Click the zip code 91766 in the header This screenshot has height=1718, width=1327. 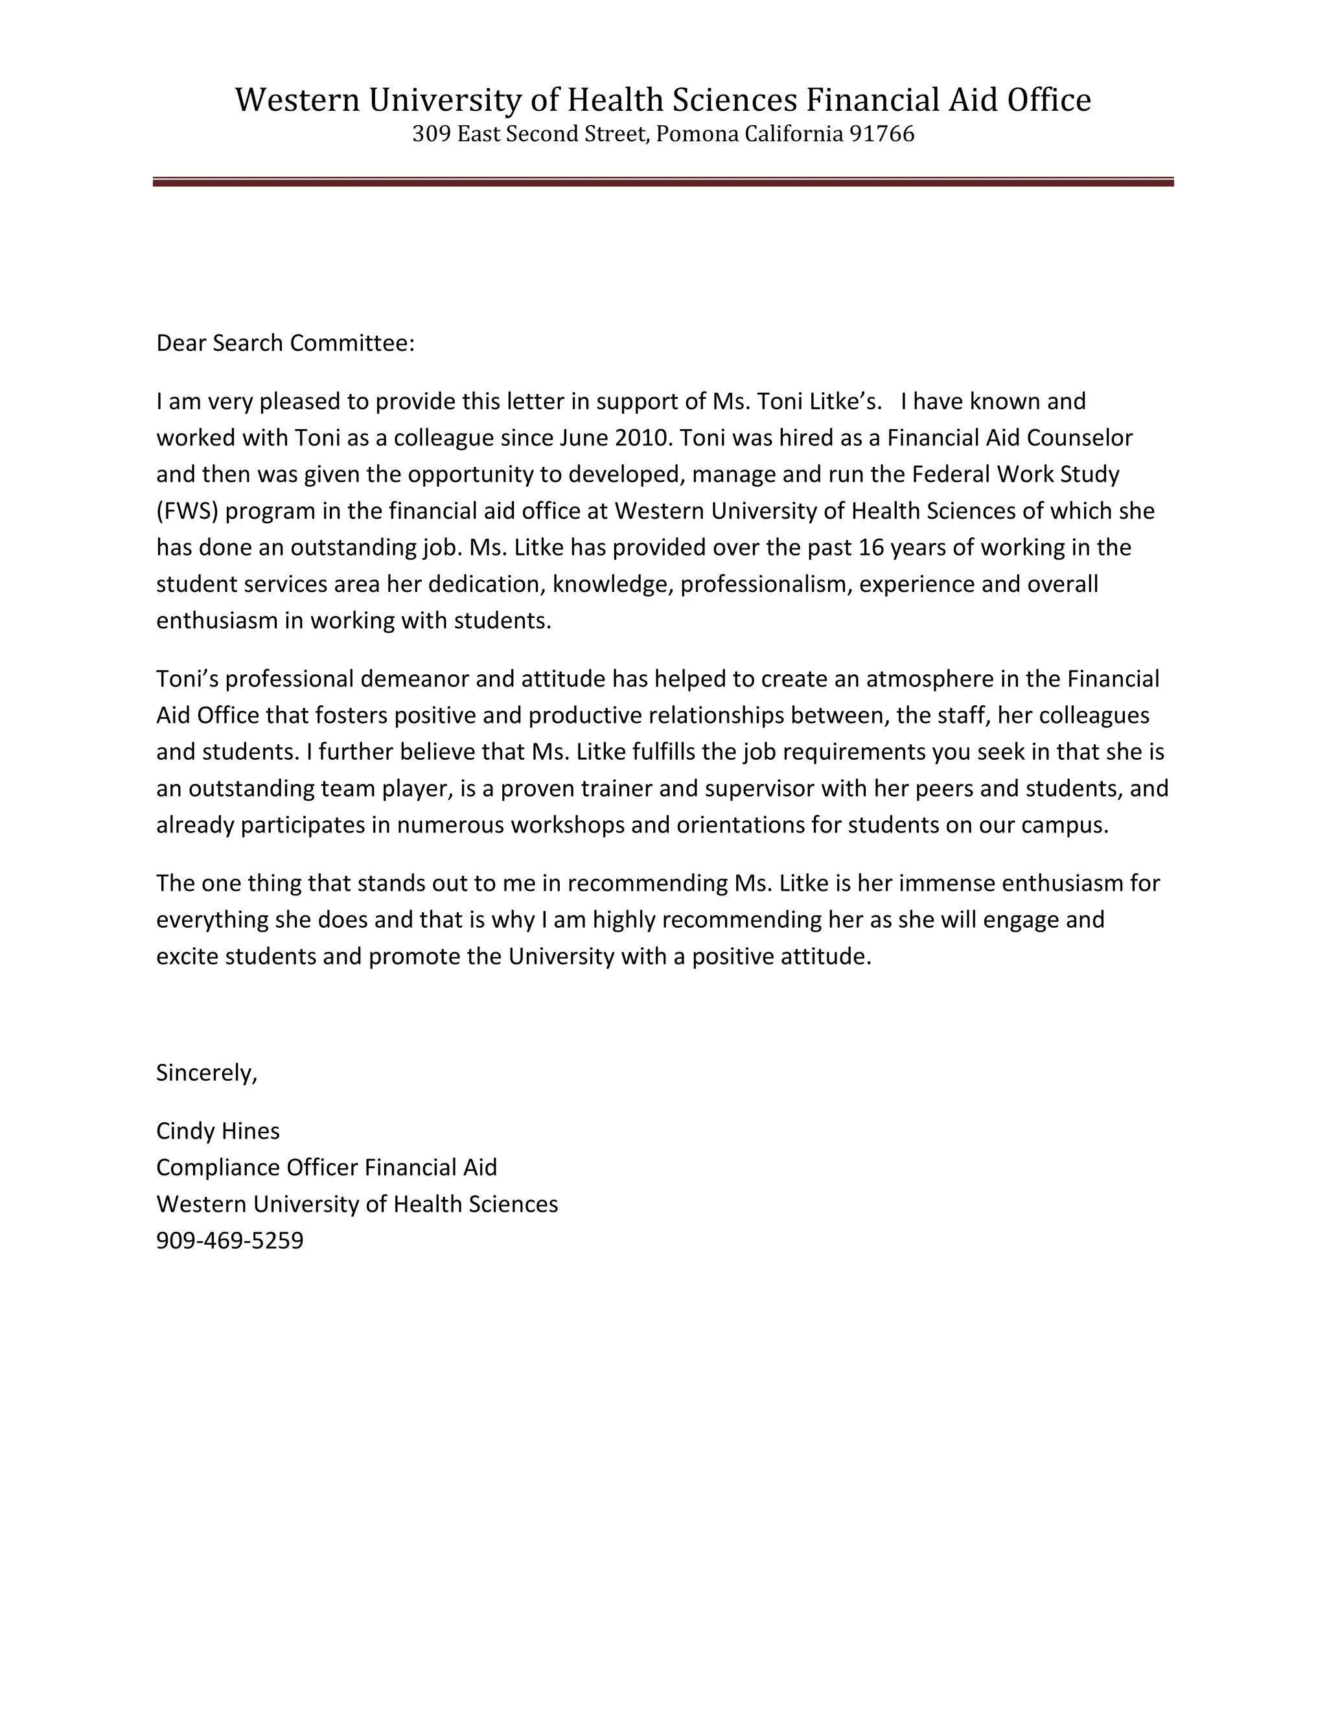[882, 134]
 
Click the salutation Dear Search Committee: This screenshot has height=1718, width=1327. [284, 343]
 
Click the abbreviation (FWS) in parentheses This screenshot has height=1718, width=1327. [187, 512]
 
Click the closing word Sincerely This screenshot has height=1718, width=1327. [206, 1073]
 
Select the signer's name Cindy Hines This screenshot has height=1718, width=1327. [218, 1131]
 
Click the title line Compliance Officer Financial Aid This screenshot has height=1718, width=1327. [327, 1168]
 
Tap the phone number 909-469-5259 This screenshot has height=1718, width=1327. [229, 1240]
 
